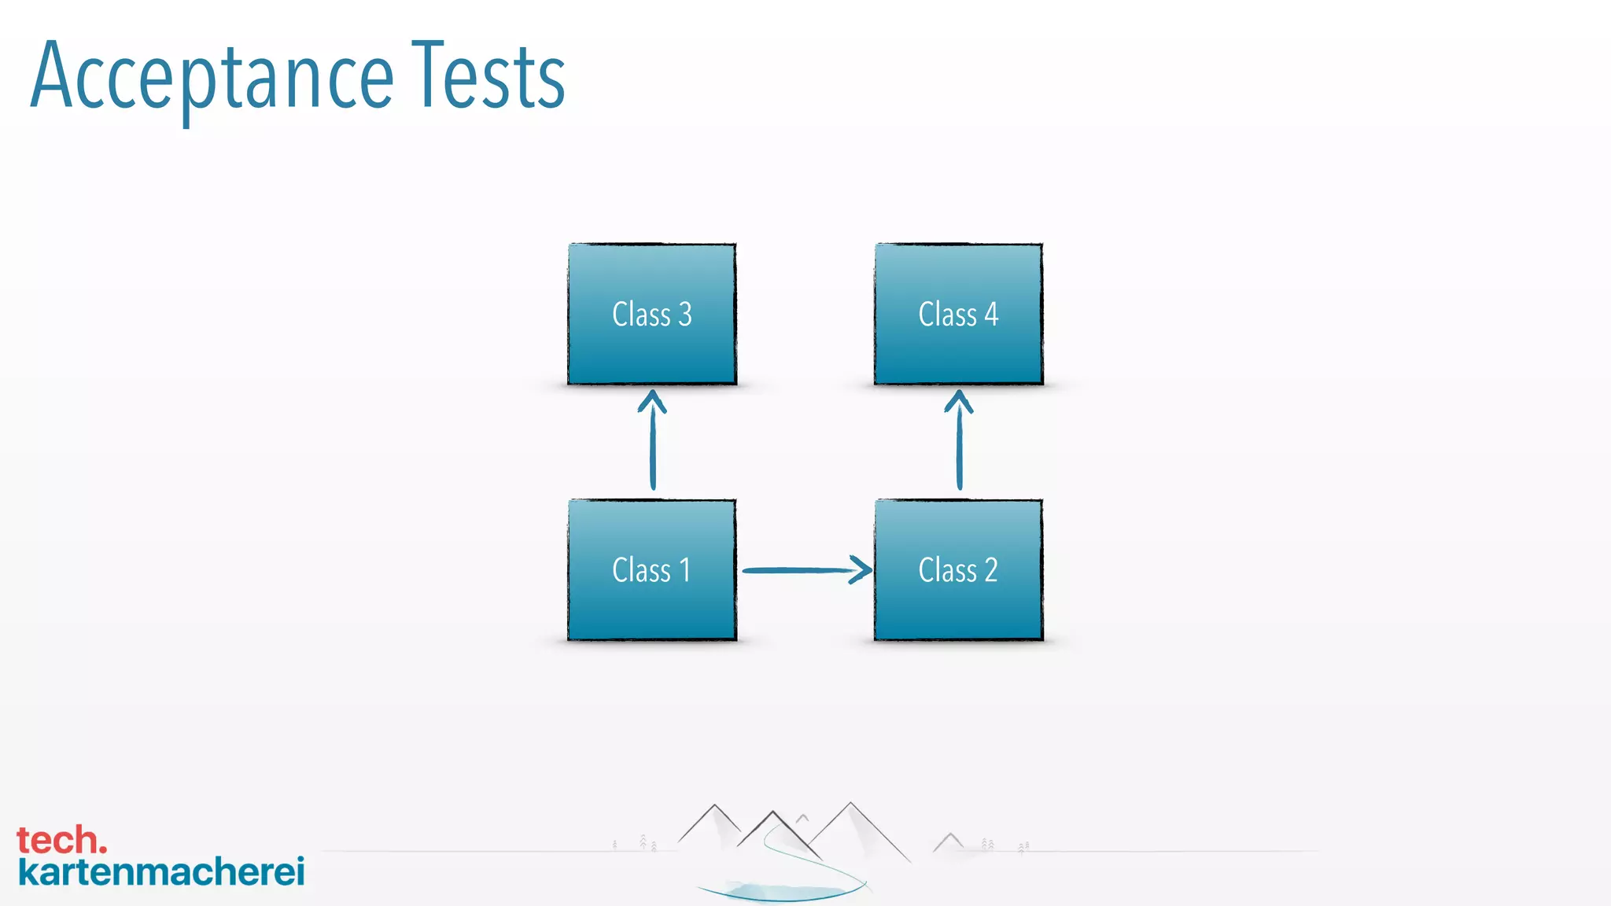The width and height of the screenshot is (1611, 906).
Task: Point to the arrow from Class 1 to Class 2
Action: pos(802,569)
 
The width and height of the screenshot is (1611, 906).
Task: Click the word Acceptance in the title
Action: pos(212,77)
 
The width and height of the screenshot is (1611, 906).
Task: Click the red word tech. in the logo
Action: pos(61,840)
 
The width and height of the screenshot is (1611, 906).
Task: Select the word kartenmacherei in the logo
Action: pos(161,871)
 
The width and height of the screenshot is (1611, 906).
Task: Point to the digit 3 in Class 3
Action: pos(685,315)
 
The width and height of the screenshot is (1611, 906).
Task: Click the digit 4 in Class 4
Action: pos(991,315)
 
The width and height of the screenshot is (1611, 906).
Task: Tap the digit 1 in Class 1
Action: pos(685,570)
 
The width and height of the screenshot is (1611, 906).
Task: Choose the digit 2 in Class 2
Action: pos(990,570)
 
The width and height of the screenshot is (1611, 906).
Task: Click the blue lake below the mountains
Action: pos(779,892)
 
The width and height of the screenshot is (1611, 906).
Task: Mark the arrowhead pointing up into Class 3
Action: pos(652,401)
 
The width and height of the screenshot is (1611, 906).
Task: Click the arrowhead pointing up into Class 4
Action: pos(959,401)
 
